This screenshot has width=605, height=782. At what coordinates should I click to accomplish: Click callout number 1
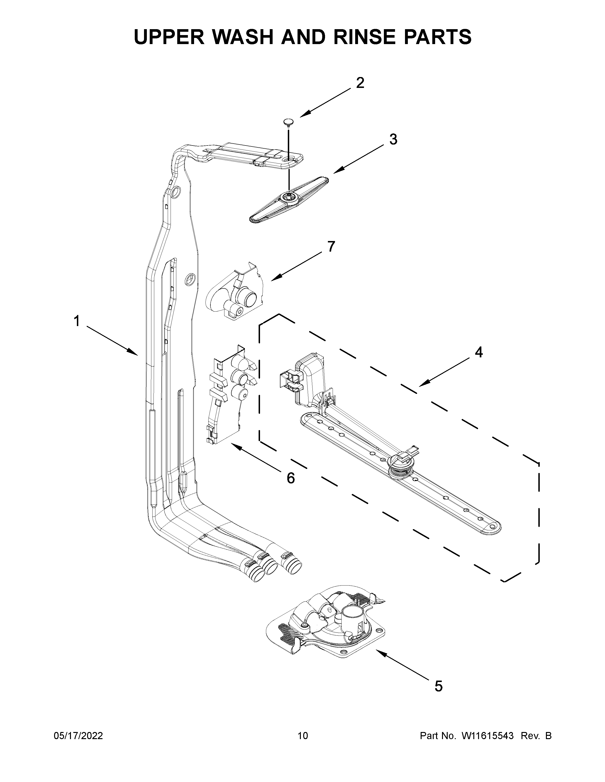point(76,321)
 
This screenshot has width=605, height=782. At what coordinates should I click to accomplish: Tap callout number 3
point(393,139)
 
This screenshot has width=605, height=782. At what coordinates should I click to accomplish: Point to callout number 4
point(479,352)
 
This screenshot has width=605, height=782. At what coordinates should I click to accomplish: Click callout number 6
point(291,478)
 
